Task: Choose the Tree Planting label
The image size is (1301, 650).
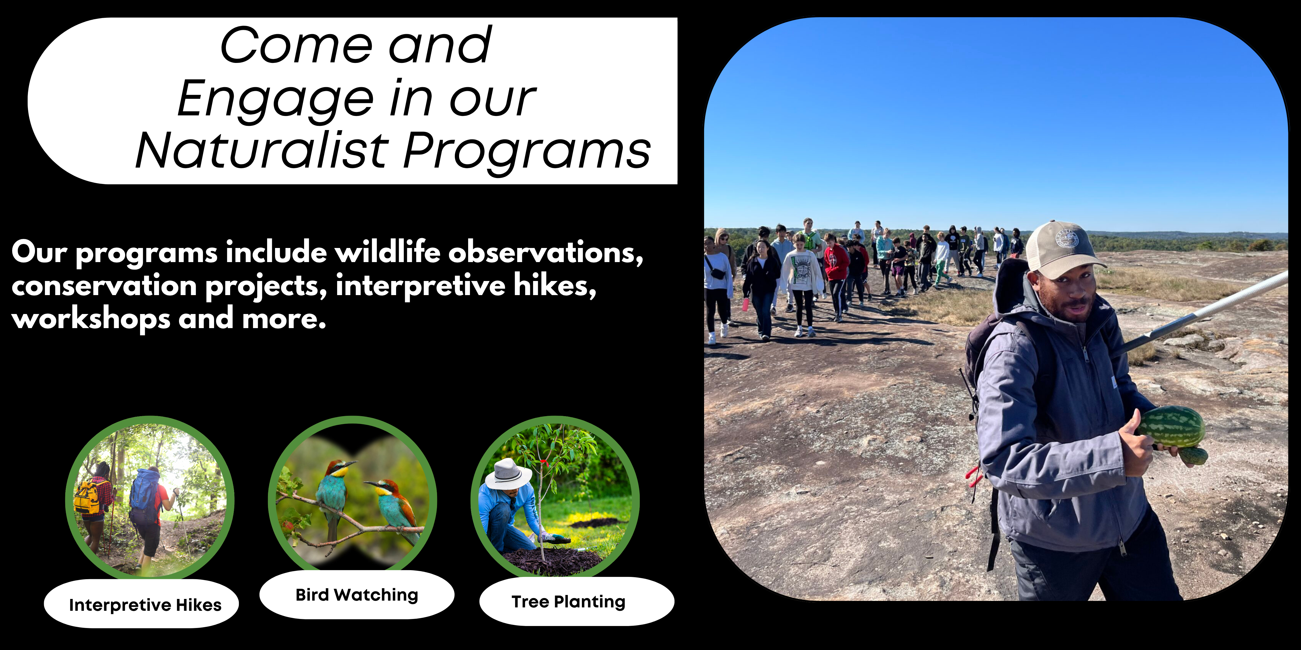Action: click(568, 601)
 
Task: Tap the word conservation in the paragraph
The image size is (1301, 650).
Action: click(104, 286)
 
